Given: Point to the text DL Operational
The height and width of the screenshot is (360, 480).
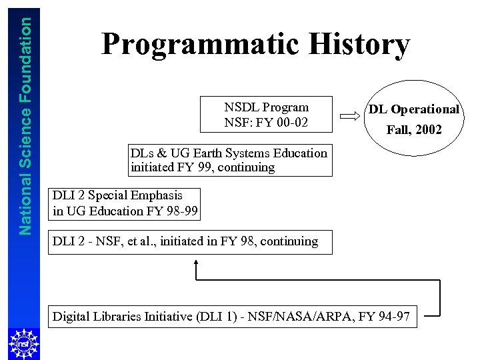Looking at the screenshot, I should click(414, 109).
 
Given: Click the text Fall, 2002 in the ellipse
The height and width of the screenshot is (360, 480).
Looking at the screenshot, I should click(414, 130).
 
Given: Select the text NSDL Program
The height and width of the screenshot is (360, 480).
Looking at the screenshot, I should click(266, 107).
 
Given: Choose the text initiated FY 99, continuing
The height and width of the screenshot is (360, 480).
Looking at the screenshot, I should click(203, 167).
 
